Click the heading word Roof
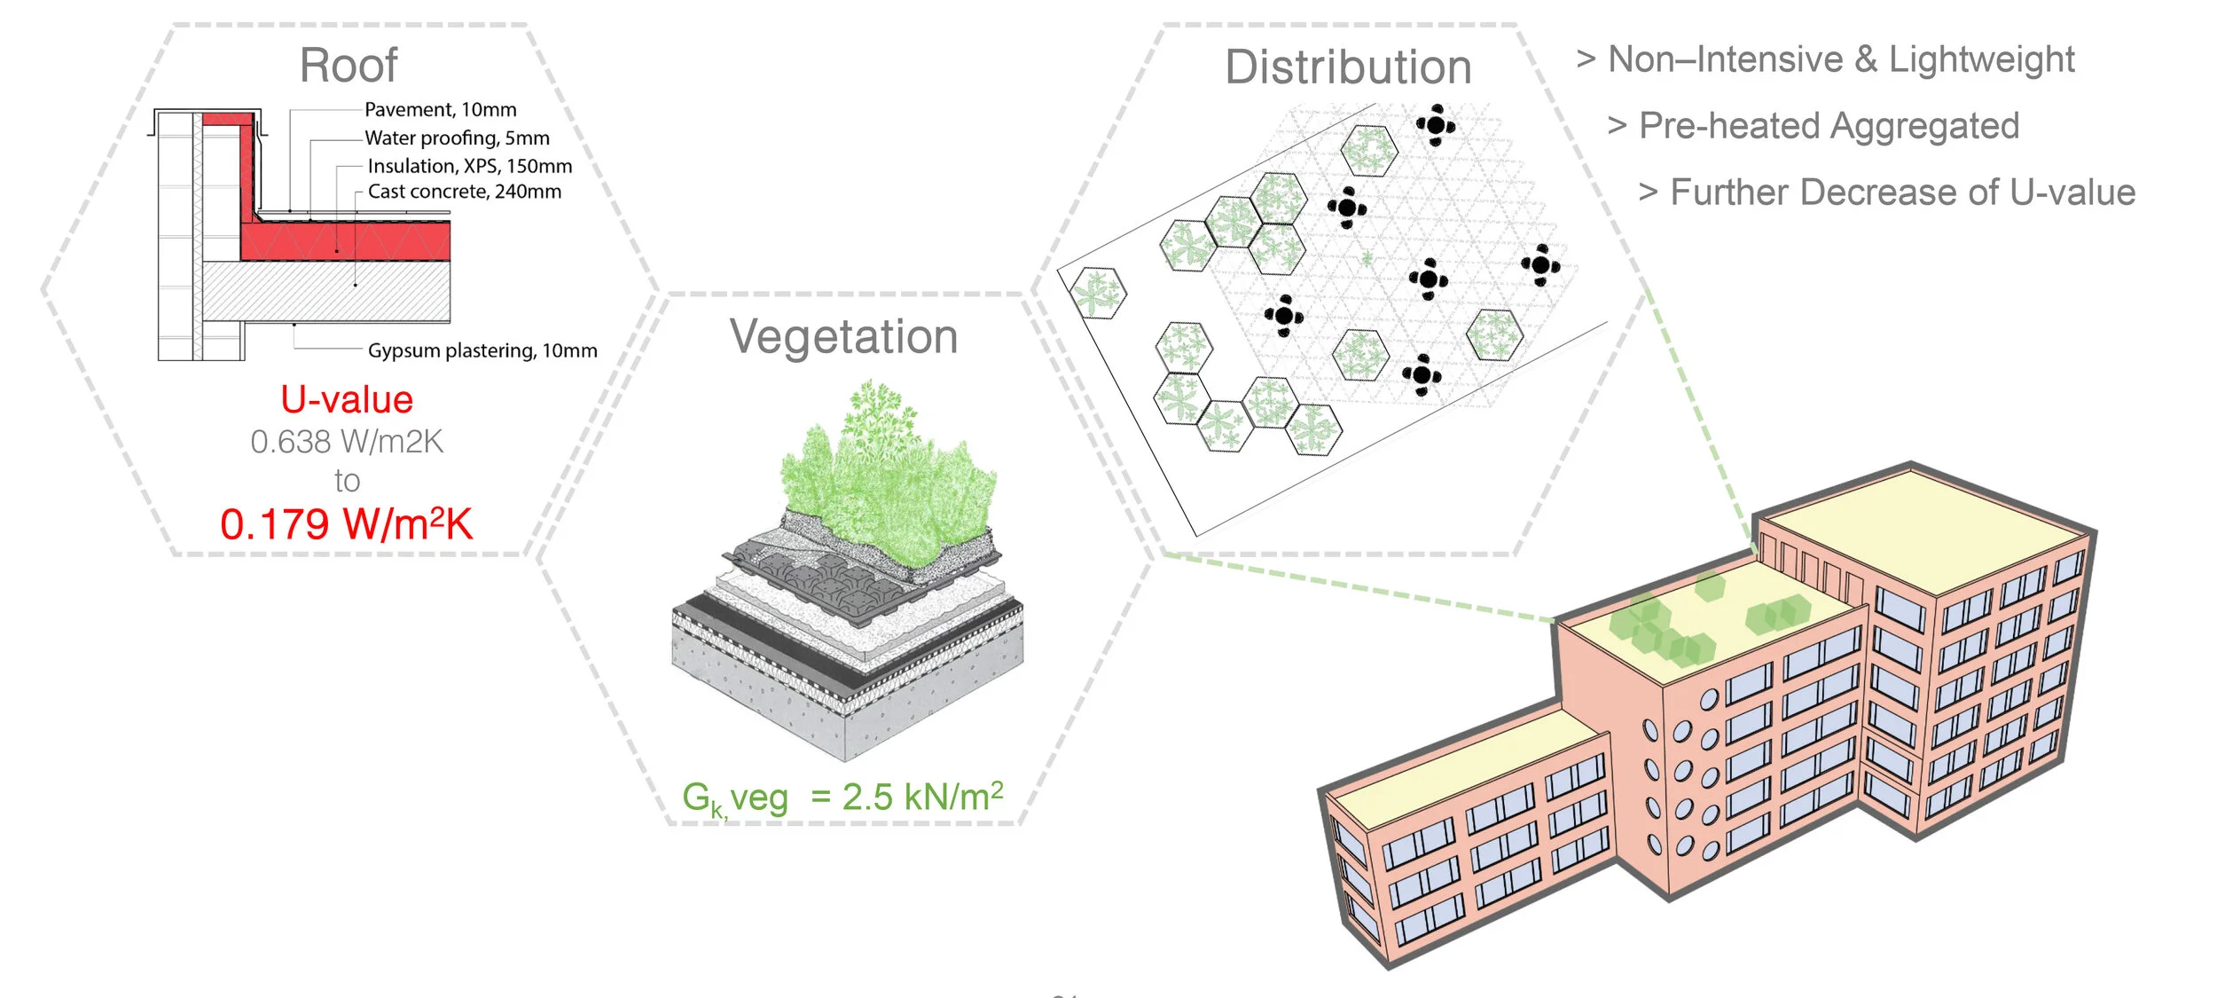(349, 66)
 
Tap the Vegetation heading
(843, 337)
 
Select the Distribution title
(1348, 67)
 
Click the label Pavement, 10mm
(440, 110)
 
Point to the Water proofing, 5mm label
(457, 138)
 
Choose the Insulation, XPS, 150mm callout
(469, 166)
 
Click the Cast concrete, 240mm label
(464, 192)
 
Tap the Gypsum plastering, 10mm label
(482, 350)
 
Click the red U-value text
(347, 400)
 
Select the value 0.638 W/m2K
(347, 442)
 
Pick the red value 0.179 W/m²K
(347, 524)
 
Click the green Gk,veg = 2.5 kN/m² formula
(842, 798)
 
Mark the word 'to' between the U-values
(347, 481)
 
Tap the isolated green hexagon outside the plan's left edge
(1098, 292)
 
